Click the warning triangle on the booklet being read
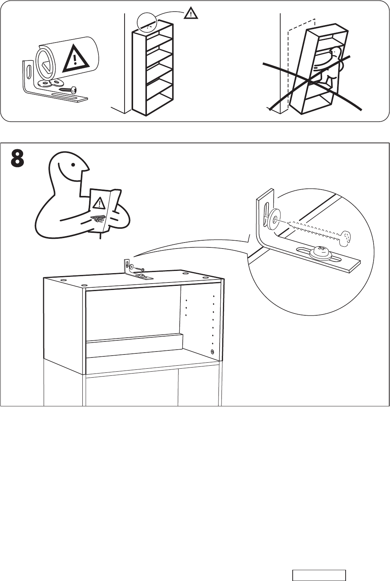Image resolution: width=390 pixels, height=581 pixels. [x=99, y=204]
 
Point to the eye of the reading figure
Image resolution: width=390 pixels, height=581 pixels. [x=75, y=164]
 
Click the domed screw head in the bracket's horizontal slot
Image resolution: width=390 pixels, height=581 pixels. [x=321, y=252]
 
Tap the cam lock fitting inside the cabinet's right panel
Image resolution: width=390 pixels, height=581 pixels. [x=212, y=351]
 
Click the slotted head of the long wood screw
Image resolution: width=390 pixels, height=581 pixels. [x=346, y=237]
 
